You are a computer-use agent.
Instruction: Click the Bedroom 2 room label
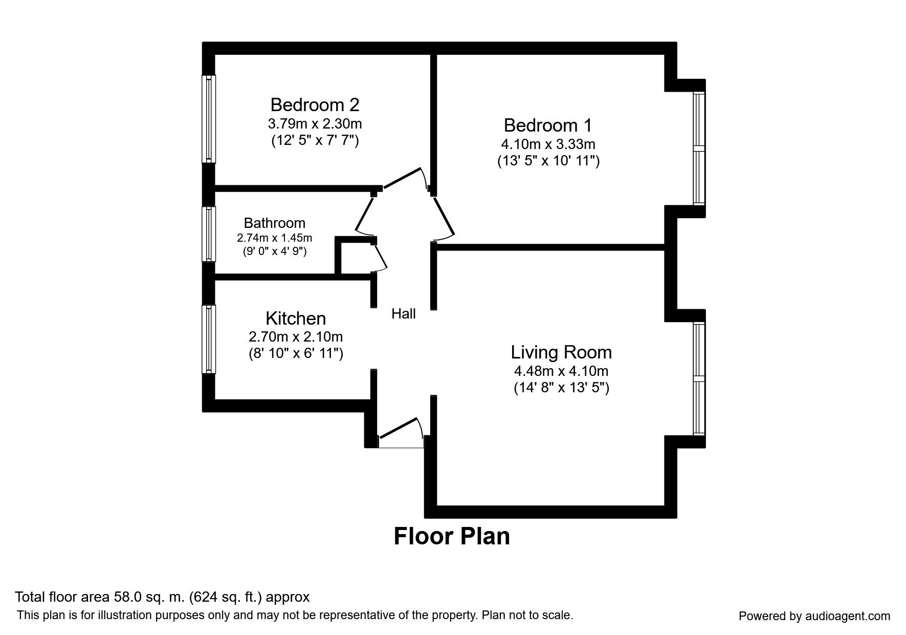(315, 105)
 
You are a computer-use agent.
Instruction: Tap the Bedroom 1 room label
(548, 125)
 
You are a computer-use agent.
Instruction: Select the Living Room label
(561, 352)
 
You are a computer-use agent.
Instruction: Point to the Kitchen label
(296, 319)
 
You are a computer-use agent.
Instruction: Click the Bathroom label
(275, 223)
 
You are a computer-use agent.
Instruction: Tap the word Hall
(404, 314)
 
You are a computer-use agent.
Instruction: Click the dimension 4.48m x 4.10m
(561, 371)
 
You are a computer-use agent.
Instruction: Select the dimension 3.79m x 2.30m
(315, 124)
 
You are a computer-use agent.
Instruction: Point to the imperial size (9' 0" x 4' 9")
(275, 251)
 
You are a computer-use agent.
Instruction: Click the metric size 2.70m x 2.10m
(296, 337)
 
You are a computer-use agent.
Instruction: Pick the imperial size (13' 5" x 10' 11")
(548, 161)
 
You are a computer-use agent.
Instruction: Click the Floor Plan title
(452, 536)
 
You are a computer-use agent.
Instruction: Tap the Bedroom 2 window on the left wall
(209, 119)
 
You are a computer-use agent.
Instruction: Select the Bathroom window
(209, 234)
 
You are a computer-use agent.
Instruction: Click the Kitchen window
(209, 339)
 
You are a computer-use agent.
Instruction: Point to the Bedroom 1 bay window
(699, 149)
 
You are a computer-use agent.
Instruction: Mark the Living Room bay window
(699, 379)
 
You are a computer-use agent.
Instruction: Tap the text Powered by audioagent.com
(814, 617)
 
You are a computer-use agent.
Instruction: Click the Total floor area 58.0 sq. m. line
(162, 597)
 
